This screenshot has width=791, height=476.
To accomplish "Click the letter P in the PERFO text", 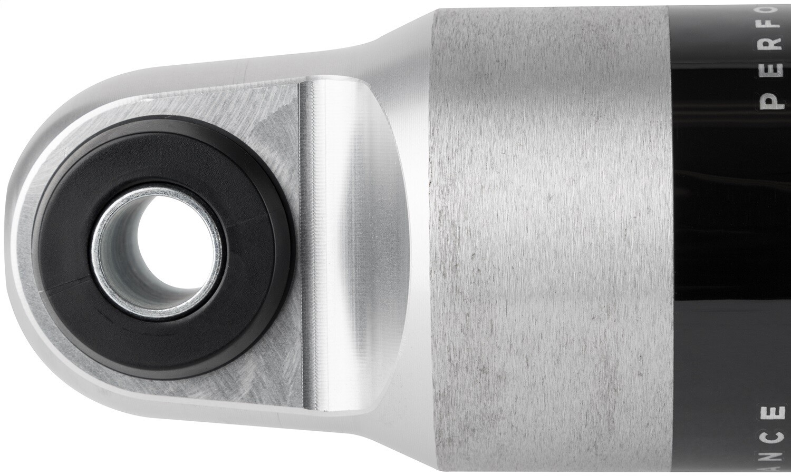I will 773,102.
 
